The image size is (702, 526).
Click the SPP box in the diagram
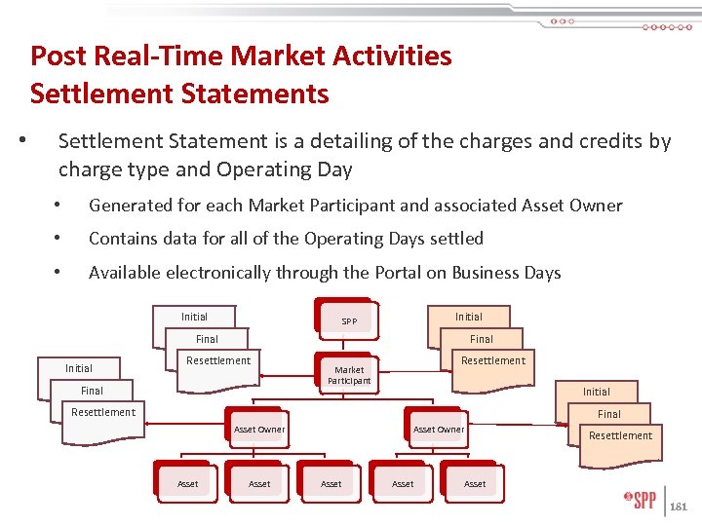tap(349, 320)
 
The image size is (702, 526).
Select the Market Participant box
tap(349, 375)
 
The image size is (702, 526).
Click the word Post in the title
tap(58, 56)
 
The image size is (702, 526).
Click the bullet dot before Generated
tap(58, 206)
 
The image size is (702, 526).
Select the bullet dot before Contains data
tap(58, 239)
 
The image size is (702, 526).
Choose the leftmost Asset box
tap(187, 483)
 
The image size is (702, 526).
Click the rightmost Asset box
tap(475, 483)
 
